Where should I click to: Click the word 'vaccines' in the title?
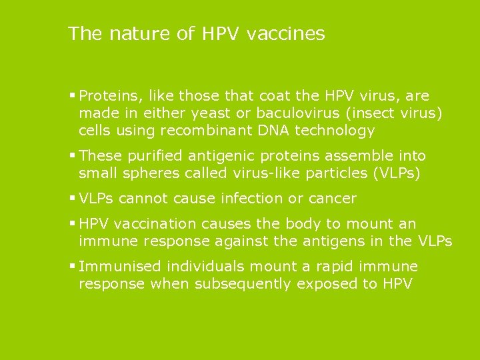click(x=285, y=33)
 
